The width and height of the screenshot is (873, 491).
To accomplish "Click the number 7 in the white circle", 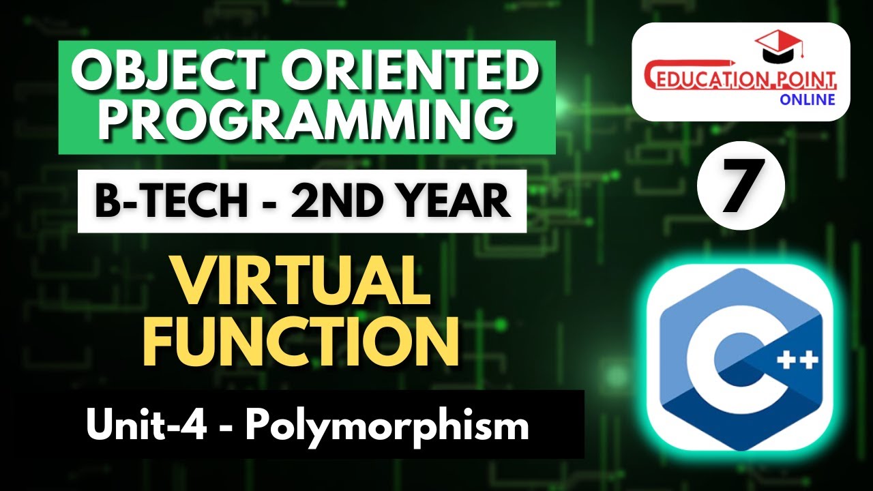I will click(741, 187).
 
